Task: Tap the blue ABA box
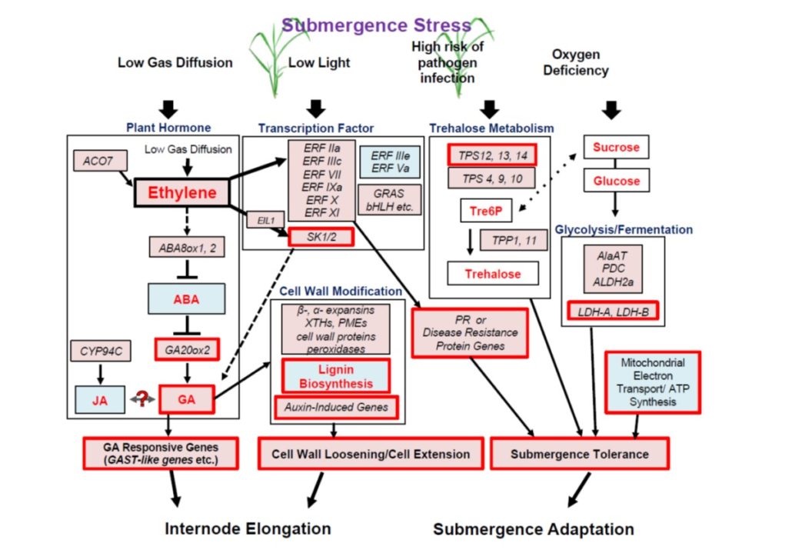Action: click(x=187, y=298)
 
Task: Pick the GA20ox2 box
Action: click(x=187, y=348)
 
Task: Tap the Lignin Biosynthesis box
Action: click(x=335, y=376)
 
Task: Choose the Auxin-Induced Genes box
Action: click(x=335, y=407)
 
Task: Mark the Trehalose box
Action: click(x=492, y=274)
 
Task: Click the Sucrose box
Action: click(x=616, y=146)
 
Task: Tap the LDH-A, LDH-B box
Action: click(x=614, y=311)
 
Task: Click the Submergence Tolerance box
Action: click(x=580, y=454)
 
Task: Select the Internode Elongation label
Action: click(x=248, y=528)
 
